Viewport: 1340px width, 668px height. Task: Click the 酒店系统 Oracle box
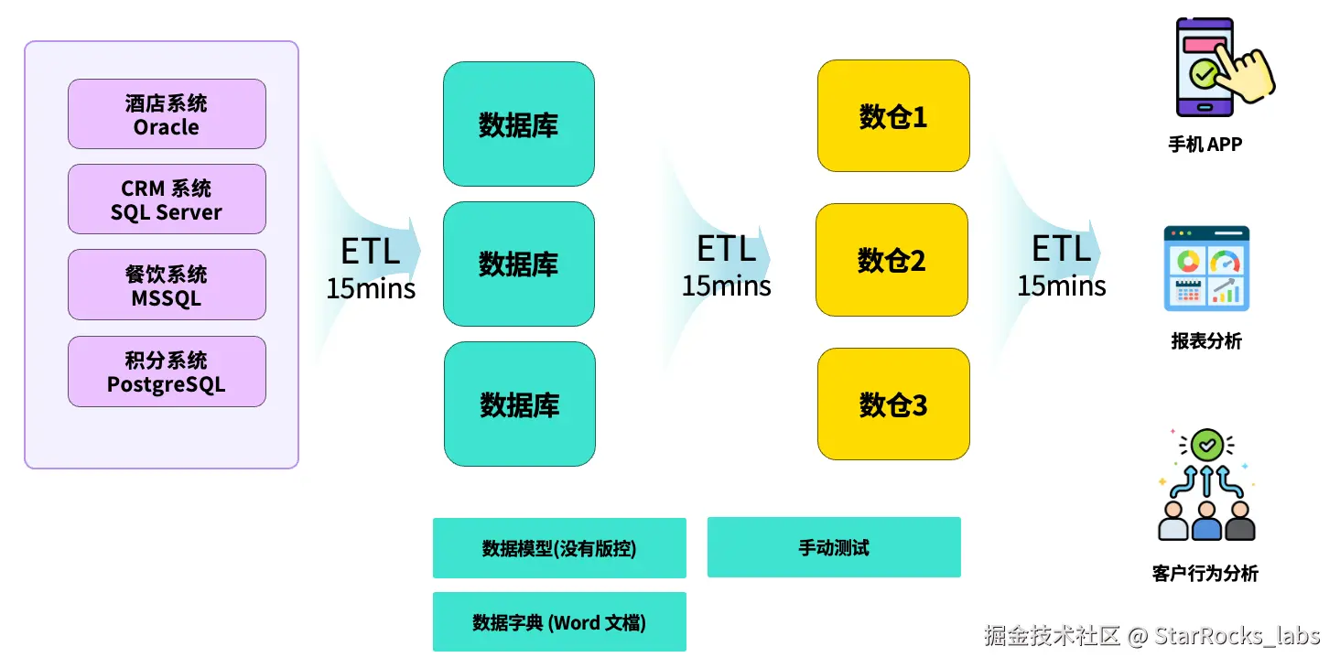tap(167, 114)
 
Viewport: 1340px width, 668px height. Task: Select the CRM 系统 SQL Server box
tap(167, 199)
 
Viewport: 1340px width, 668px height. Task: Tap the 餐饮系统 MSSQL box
tap(167, 286)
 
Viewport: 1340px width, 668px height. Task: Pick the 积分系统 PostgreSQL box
tap(167, 372)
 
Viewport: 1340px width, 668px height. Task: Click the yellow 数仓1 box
tap(893, 116)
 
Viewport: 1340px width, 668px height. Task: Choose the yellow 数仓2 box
tap(892, 260)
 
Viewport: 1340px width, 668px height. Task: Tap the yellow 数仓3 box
tap(893, 404)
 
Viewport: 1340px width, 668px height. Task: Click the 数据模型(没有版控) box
tap(559, 548)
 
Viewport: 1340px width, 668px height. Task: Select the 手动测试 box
tap(834, 547)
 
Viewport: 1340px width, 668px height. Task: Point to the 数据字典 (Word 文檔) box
tap(559, 622)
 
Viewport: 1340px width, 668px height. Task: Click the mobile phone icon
tap(1205, 69)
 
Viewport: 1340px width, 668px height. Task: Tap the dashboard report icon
tap(1206, 268)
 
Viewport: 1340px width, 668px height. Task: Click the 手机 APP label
tap(1205, 145)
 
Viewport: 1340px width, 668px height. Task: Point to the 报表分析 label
tap(1206, 341)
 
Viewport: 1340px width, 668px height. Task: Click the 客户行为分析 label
tap(1205, 574)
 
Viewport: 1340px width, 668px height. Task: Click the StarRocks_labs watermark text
tap(1237, 635)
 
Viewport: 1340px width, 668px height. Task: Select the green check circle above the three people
tap(1207, 446)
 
